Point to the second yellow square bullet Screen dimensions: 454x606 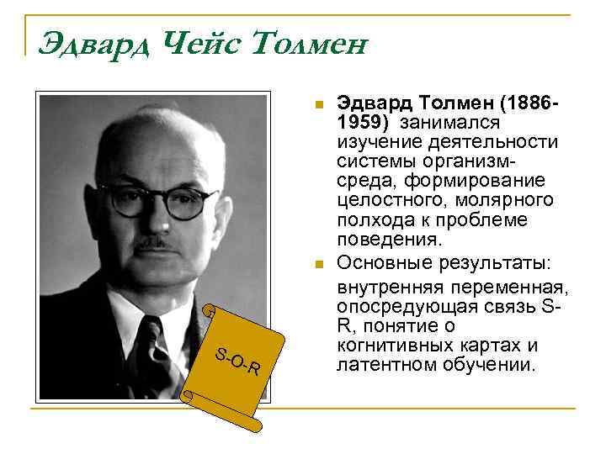coord(317,267)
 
